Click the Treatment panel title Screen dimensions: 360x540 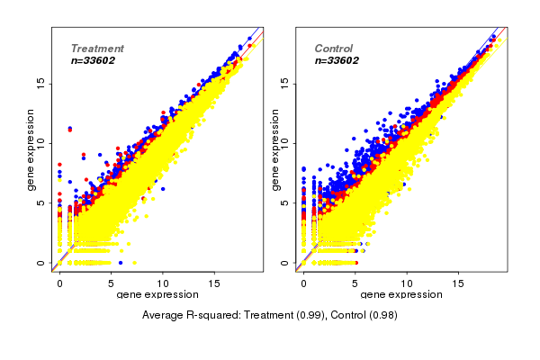coord(97,49)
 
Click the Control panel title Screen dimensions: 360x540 coord(333,49)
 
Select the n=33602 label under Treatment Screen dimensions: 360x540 coord(94,61)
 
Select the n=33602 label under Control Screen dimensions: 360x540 coord(337,61)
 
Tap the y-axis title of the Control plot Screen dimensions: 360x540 coord(275,149)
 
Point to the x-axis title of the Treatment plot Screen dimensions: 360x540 coord(157,295)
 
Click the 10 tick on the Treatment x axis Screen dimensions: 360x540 coord(164,283)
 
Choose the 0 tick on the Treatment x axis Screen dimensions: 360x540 coord(59,283)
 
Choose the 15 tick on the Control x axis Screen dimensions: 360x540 coord(460,283)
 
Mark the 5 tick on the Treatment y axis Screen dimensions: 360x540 coord(40,203)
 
